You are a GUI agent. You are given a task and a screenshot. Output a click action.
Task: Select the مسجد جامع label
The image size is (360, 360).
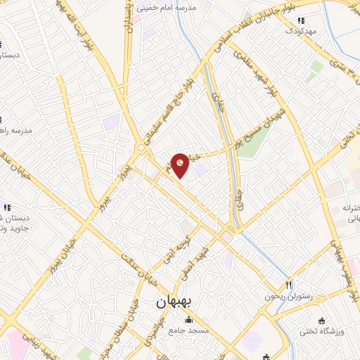pos(187,332)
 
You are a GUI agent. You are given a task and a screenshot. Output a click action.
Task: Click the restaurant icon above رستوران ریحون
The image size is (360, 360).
pos(288,285)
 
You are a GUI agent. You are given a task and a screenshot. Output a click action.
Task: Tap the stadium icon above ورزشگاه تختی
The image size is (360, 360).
pos(321,319)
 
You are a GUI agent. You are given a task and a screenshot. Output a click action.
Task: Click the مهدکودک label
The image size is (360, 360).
pos(301,31)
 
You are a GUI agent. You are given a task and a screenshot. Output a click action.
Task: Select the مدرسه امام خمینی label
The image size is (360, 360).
pos(172,6)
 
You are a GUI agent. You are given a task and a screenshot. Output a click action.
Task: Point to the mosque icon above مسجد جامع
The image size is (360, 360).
pos(187,321)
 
